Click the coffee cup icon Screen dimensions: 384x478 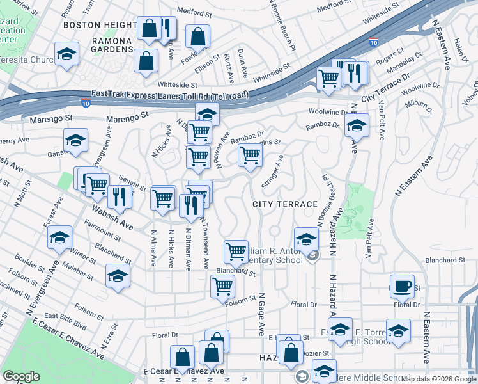pos(402,286)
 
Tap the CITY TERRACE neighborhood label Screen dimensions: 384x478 pos(285,204)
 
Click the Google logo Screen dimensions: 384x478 pos(21,376)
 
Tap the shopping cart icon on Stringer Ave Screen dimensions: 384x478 pos(250,154)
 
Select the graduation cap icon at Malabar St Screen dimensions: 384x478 pos(118,276)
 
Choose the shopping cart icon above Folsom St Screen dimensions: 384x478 pos(222,286)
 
